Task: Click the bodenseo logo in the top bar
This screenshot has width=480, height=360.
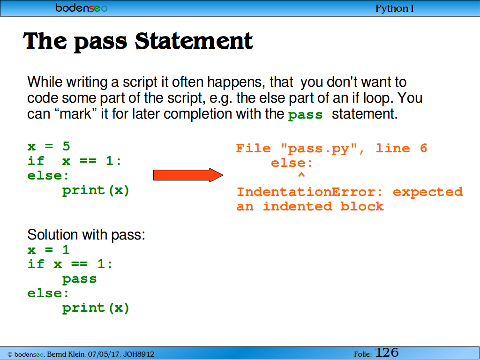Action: click(82, 7)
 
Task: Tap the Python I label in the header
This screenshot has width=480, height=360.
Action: click(395, 8)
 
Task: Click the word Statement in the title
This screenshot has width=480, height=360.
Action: click(194, 41)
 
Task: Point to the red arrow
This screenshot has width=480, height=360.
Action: click(188, 175)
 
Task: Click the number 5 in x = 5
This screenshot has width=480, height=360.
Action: click(66, 146)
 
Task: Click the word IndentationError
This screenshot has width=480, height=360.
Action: click(309, 192)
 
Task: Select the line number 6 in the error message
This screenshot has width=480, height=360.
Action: click(423, 149)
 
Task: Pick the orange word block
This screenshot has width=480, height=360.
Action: click(362, 206)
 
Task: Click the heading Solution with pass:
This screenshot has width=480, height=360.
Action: click(86, 235)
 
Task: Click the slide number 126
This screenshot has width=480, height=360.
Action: click(387, 352)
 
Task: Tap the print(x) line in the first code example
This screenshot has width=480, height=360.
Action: click(96, 191)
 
